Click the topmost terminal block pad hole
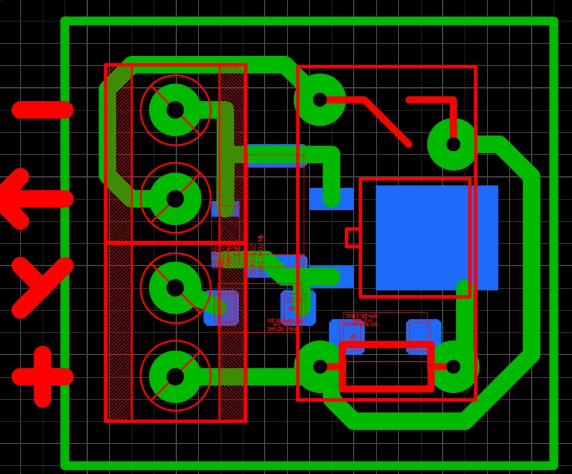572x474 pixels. (x=175, y=110)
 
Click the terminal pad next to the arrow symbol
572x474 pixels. (x=175, y=199)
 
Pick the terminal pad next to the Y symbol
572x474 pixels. (x=175, y=287)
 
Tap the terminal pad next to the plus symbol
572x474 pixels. (x=175, y=376)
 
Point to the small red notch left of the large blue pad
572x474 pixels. (x=351, y=237)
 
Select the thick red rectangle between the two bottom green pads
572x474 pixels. (x=387, y=367)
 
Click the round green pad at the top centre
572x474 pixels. (x=320, y=99)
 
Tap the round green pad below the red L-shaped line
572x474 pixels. (x=453, y=145)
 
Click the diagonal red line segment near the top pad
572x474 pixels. (x=387, y=121)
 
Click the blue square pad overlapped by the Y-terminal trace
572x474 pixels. (x=222, y=307)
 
